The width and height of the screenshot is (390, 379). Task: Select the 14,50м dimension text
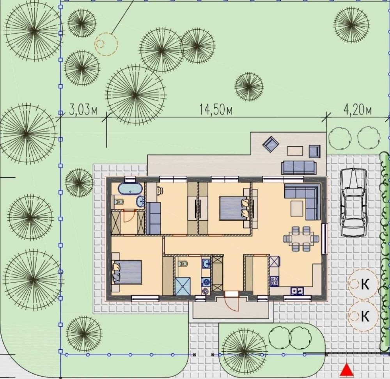(x=216, y=110)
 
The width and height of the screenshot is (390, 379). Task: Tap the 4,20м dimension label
(x=358, y=110)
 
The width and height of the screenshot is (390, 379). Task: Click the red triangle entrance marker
(x=347, y=370)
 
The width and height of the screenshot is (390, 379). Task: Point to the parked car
(x=353, y=203)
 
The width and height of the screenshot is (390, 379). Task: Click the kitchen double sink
(x=297, y=290)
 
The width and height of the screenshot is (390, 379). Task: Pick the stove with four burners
(x=275, y=281)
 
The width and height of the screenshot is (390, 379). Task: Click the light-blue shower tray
(x=183, y=286)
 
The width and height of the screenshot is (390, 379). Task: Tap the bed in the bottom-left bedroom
(x=128, y=272)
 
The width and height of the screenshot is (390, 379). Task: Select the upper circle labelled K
(x=363, y=284)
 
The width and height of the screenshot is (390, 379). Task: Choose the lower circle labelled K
(x=363, y=316)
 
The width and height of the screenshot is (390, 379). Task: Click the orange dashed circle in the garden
(x=106, y=44)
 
